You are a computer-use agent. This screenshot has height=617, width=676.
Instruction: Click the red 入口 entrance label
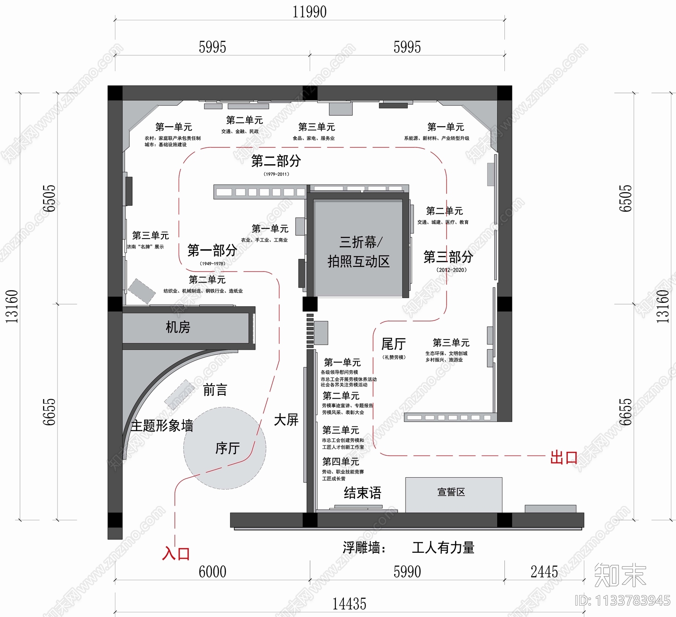click(x=176, y=554)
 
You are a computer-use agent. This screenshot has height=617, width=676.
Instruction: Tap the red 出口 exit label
click(x=564, y=458)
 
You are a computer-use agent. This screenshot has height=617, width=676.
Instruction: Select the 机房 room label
click(x=178, y=327)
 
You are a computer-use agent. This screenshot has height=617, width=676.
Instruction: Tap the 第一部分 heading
click(x=212, y=251)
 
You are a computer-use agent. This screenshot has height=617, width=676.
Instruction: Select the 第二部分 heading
click(x=276, y=161)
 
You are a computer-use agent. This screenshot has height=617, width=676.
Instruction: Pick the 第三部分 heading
click(x=448, y=257)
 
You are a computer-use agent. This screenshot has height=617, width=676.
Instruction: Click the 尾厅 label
click(x=393, y=344)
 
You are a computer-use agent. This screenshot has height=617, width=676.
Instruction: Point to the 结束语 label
click(x=363, y=493)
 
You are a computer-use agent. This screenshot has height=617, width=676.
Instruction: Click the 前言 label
click(x=215, y=390)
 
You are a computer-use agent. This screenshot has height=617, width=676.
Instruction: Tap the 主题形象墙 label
click(x=162, y=426)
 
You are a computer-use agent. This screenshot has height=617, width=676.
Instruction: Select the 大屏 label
click(x=286, y=420)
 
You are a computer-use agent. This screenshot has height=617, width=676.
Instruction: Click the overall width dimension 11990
click(x=309, y=12)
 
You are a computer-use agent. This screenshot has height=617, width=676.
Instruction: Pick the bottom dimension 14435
click(x=349, y=604)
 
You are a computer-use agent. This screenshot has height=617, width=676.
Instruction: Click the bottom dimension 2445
click(x=544, y=572)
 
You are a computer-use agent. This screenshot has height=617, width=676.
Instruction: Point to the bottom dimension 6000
click(x=213, y=572)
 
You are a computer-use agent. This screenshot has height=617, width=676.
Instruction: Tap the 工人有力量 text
click(x=443, y=548)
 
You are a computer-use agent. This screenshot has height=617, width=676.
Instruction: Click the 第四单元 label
click(x=341, y=462)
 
